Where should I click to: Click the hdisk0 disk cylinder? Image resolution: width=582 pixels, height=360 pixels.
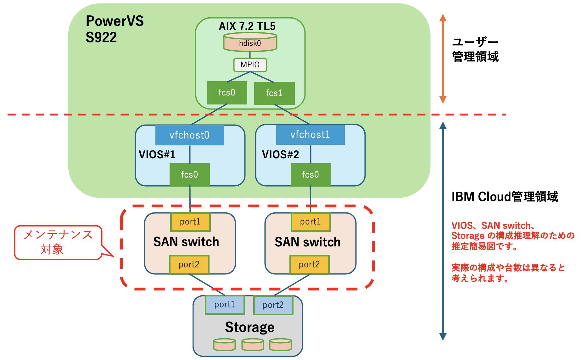click(x=250, y=43)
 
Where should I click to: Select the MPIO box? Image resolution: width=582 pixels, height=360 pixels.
click(x=250, y=65)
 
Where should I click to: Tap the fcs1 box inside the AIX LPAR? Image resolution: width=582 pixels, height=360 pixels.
click(x=274, y=93)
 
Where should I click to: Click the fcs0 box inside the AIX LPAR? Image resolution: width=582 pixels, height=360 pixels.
click(x=227, y=93)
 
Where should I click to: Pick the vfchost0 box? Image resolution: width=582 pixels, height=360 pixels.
click(x=189, y=135)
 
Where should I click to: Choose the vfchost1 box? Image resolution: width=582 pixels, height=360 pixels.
click(x=310, y=135)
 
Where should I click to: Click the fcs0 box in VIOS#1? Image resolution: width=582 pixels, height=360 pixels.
click(x=189, y=175)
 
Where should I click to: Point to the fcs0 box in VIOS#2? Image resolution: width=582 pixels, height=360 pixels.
click(x=311, y=175)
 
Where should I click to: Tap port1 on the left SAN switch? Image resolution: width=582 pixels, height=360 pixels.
click(x=190, y=222)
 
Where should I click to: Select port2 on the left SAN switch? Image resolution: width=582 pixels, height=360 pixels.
click(x=189, y=264)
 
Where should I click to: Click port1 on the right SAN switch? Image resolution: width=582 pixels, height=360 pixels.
click(x=311, y=222)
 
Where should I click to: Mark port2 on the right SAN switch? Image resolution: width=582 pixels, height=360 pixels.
click(x=309, y=264)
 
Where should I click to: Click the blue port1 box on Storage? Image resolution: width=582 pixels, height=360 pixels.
click(x=225, y=305)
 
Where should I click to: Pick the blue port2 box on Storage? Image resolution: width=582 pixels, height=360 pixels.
click(x=273, y=305)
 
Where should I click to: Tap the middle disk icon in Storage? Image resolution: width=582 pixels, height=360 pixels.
click(x=253, y=345)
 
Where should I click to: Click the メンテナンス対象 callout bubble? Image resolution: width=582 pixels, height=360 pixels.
click(x=58, y=242)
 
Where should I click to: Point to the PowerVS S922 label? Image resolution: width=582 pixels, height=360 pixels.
click(x=115, y=29)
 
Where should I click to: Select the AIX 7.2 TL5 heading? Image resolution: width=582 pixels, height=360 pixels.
click(x=247, y=26)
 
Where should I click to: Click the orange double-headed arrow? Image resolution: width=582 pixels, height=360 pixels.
click(x=443, y=59)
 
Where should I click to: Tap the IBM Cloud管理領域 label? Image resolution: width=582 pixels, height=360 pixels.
click(x=505, y=197)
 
